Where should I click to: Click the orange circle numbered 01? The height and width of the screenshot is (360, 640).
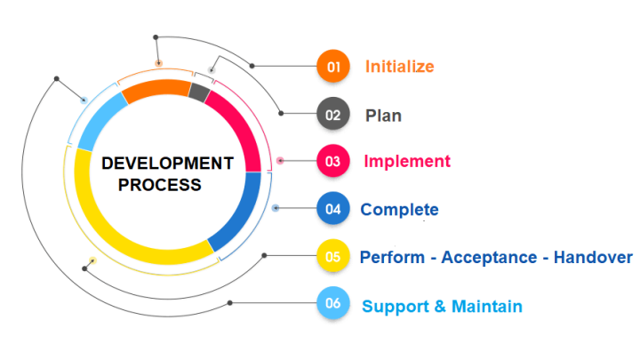pos(332,66)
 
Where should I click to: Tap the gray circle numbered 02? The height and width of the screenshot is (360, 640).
pos(332,114)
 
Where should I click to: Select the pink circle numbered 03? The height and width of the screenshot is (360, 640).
pos(332,161)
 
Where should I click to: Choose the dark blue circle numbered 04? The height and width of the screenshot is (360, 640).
pos(332,210)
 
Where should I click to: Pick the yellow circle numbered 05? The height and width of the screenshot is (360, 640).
pos(332,257)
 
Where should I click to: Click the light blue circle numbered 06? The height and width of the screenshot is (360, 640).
pos(332,305)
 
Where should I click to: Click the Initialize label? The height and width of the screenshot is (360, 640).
pos(399,67)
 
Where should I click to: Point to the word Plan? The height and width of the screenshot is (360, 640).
pos(383,115)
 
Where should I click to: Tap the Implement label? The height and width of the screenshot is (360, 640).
pos(406,162)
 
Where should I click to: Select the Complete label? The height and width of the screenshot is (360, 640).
pos(399,210)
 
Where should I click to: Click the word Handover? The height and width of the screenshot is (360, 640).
pos(593,258)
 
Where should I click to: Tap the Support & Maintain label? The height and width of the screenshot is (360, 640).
pos(442,307)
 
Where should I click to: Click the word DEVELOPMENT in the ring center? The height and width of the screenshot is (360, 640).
pos(167,164)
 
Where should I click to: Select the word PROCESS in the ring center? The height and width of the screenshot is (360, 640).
pos(161,185)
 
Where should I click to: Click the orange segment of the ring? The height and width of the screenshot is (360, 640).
pos(156,90)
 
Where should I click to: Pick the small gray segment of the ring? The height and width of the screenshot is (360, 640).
pos(200,92)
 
